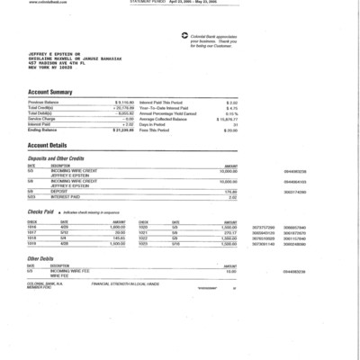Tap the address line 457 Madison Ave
(61, 63)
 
